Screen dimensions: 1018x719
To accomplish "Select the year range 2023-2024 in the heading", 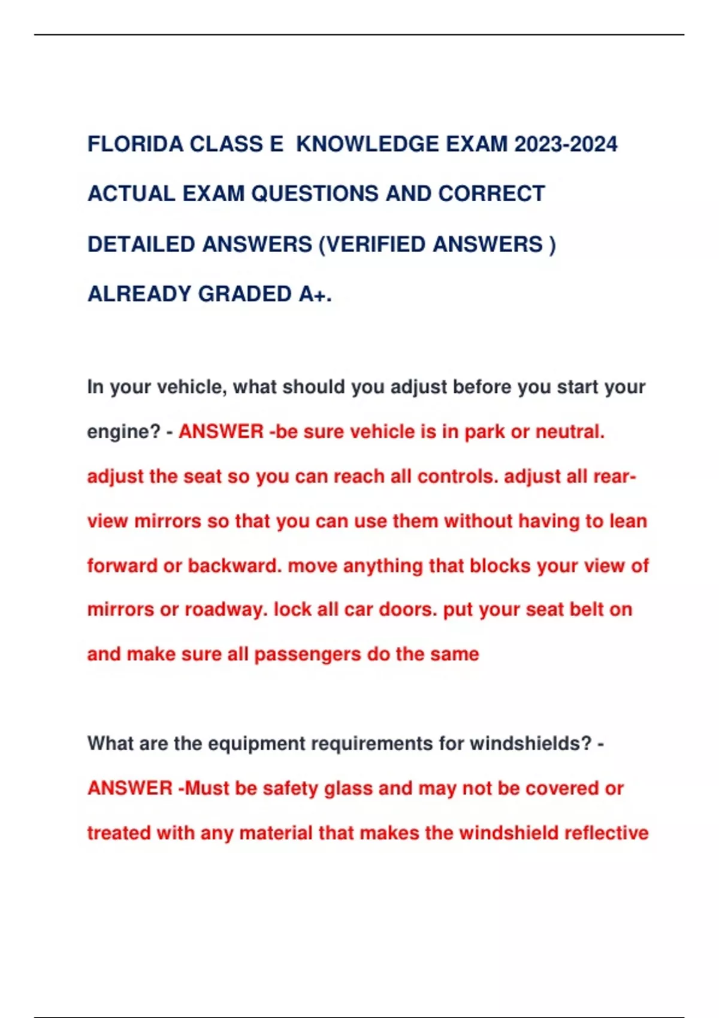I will (x=566, y=144).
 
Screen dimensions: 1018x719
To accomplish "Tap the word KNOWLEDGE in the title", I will (x=367, y=144).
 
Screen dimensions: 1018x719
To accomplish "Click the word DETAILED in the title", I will (x=141, y=244).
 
